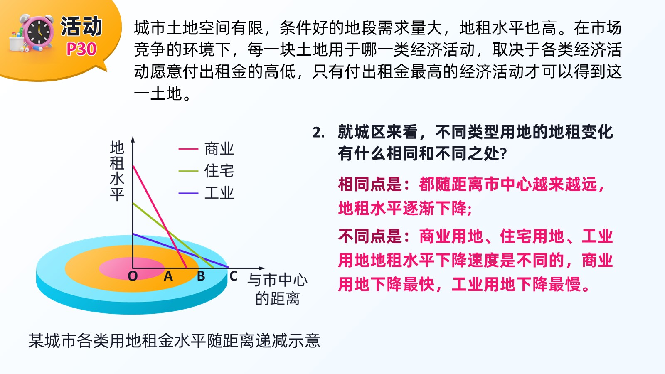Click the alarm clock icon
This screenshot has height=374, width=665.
point(32,33)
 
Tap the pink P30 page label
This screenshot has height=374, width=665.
point(81,49)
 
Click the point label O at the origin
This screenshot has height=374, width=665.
point(133,276)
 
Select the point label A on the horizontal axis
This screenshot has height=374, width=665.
point(168,276)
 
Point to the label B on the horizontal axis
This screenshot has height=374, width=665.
point(201,276)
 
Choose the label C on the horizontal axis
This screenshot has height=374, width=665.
point(233,276)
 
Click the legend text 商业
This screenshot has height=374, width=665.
point(219,149)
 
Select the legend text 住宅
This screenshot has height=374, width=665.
point(219,171)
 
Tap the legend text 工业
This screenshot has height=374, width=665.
point(219,193)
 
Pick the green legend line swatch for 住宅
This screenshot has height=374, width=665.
point(188,171)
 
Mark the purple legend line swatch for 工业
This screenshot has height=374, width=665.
point(188,193)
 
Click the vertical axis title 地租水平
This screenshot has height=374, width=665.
point(117,171)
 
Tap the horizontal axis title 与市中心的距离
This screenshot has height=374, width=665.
point(277,289)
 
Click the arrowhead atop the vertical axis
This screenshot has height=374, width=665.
point(133,140)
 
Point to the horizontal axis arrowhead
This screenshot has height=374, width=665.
point(261,268)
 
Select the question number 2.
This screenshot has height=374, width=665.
point(318,133)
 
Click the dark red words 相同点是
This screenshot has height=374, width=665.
point(370,185)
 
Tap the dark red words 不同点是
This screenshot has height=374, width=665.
point(370,236)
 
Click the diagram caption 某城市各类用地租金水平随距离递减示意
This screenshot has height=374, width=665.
point(174,340)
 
